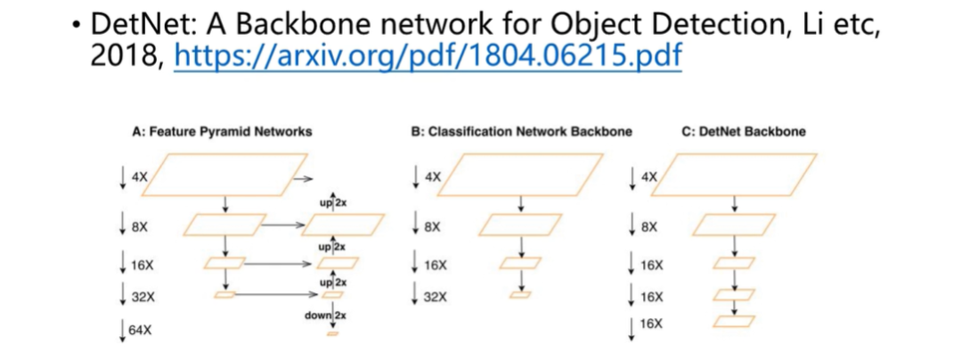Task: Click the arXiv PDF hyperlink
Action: click(x=428, y=57)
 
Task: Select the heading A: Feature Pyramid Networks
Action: click(x=222, y=132)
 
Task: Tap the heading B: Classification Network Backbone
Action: click(x=521, y=132)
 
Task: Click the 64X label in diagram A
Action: click(x=141, y=331)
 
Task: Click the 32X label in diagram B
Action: click(x=435, y=297)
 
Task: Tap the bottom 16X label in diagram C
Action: click(x=652, y=323)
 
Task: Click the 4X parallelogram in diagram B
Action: click(x=522, y=174)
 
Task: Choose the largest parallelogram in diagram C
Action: click(x=740, y=174)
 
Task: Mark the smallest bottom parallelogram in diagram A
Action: click(x=333, y=333)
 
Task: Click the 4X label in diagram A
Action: click(x=139, y=177)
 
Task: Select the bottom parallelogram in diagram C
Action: click(x=735, y=321)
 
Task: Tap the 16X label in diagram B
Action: click(x=435, y=265)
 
